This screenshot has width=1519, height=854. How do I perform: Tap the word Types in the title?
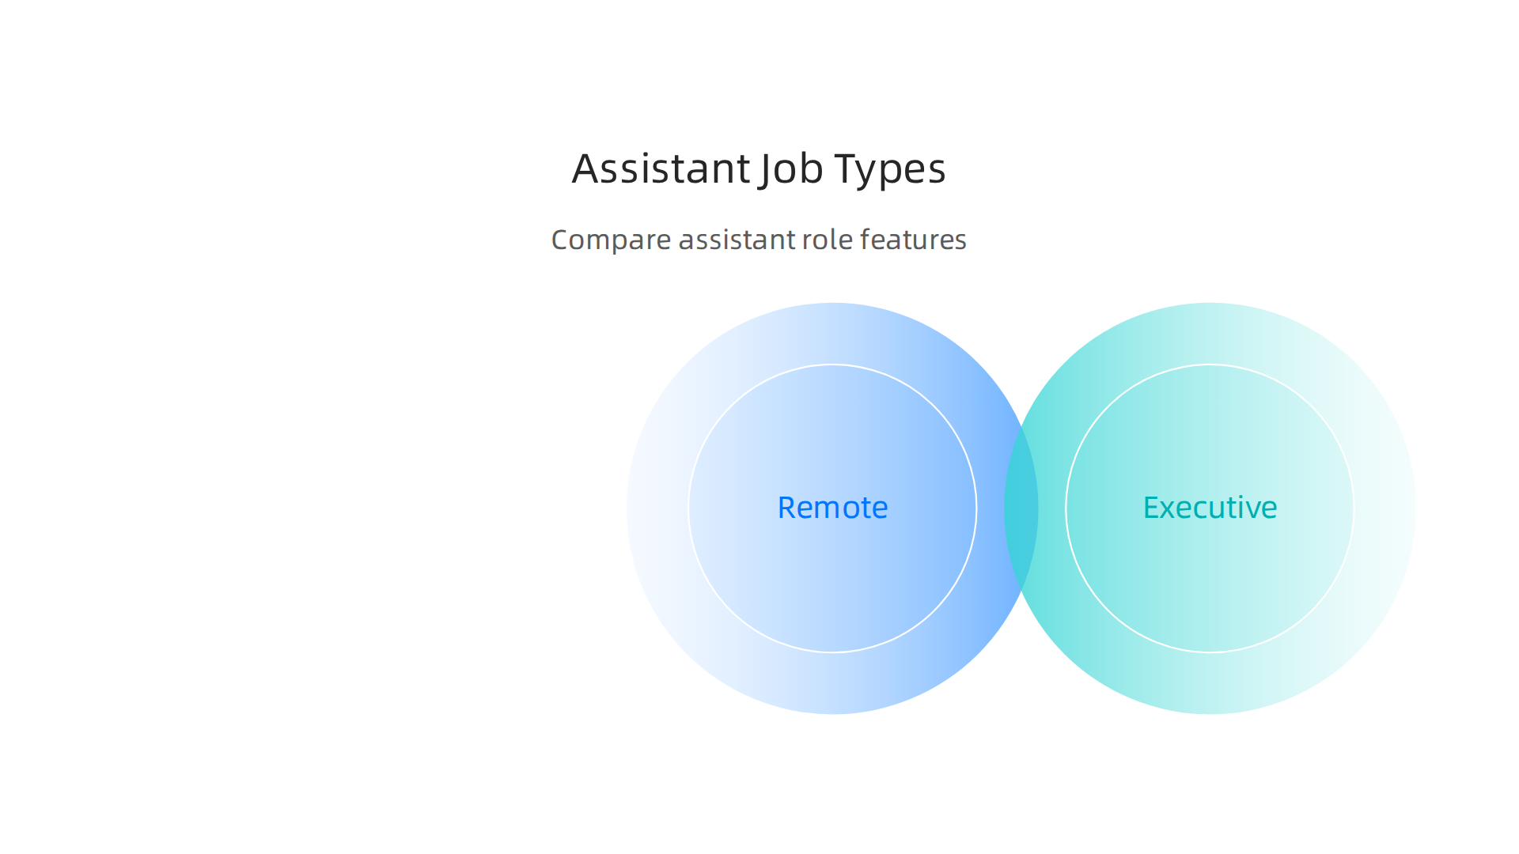(x=890, y=169)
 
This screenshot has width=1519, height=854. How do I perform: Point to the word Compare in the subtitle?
(x=611, y=240)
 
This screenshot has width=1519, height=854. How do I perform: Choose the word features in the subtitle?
(x=913, y=240)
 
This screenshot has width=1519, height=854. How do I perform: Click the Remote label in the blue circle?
(x=832, y=508)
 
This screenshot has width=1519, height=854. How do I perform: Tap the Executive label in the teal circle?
(x=1210, y=508)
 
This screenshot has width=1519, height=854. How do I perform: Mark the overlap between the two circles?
(x=1021, y=508)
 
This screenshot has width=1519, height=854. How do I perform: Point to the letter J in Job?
(x=765, y=170)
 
